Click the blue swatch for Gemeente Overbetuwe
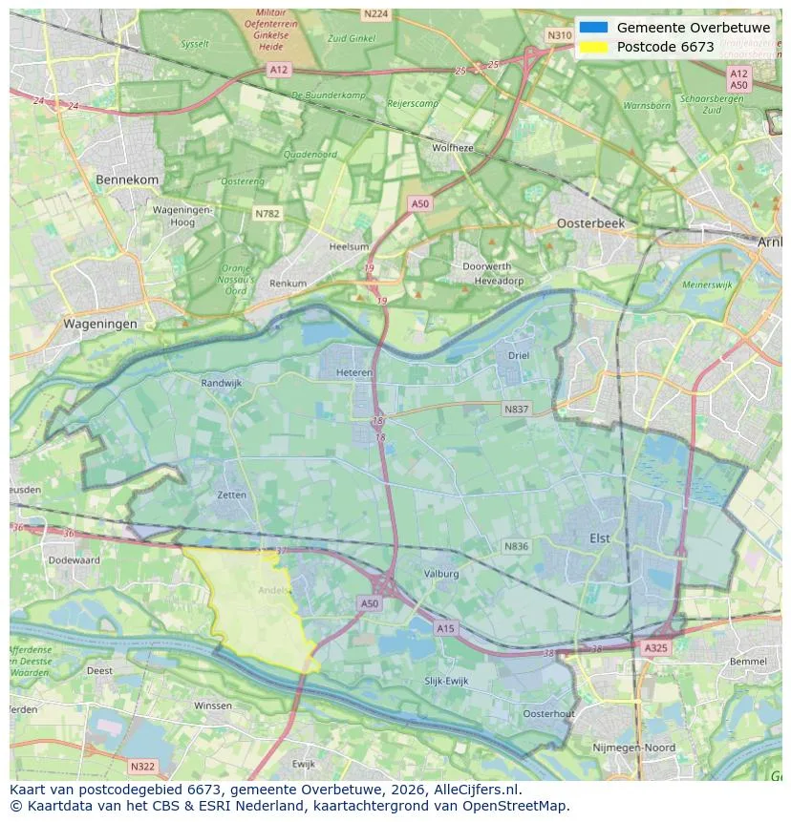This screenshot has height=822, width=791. click(593, 28)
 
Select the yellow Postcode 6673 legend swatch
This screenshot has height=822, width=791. click(593, 47)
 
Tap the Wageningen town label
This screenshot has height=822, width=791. click(100, 324)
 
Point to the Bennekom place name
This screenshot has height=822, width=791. click(127, 179)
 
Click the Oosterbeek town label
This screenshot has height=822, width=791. click(590, 222)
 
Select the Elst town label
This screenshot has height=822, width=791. click(599, 538)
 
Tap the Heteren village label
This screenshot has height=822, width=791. click(353, 373)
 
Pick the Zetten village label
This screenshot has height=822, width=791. click(231, 495)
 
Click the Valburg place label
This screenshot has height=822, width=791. click(440, 574)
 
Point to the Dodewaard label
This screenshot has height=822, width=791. click(74, 560)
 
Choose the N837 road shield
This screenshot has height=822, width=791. click(516, 409)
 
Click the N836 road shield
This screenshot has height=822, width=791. click(516, 546)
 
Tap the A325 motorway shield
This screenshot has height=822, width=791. click(655, 647)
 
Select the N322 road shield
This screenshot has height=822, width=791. click(141, 766)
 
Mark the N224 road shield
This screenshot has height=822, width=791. click(375, 13)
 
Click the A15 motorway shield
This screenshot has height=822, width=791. click(445, 627)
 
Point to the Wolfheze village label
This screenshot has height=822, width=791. click(452, 148)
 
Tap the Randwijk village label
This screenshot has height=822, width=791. click(222, 383)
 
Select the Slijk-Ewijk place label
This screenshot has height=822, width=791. click(447, 681)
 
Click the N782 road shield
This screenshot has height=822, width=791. click(267, 214)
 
